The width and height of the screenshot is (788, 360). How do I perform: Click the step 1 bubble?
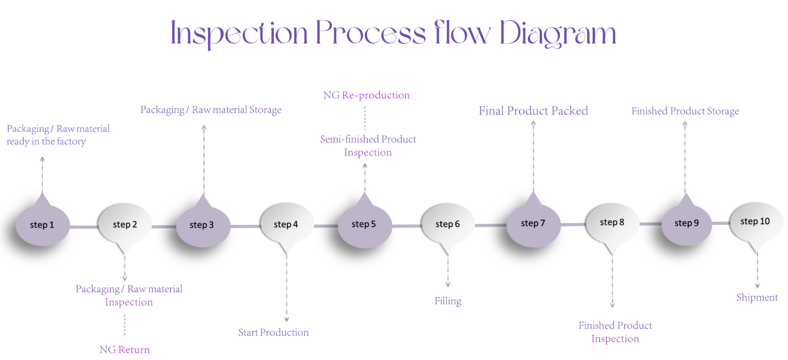coord(42,225)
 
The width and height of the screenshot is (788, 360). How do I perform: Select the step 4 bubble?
coord(286,224)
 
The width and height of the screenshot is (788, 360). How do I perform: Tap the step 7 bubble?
coord(533,223)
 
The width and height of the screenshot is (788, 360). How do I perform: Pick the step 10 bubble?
coord(755,222)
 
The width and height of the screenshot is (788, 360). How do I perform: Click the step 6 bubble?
coord(448,224)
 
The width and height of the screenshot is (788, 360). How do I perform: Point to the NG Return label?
coord(124,350)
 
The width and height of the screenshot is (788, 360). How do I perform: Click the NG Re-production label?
coord(367,95)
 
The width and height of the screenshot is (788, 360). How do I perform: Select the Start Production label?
coord(273,332)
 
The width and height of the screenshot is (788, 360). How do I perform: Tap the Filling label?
coord(448,301)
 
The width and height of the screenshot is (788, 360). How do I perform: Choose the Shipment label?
coord(757,297)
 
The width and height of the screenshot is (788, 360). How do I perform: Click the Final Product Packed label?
coord(533,111)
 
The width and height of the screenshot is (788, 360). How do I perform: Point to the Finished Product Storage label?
coord(685,111)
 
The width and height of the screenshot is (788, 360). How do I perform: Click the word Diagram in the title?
coord(558,34)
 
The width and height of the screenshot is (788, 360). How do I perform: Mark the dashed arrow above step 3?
coord(204,160)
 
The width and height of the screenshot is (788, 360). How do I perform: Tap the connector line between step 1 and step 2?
coord(84,227)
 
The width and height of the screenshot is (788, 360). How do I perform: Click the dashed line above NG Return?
coord(125,325)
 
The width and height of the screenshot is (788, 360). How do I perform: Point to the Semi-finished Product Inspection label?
coord(368,146)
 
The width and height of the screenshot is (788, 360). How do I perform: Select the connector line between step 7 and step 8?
coord(573,225)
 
